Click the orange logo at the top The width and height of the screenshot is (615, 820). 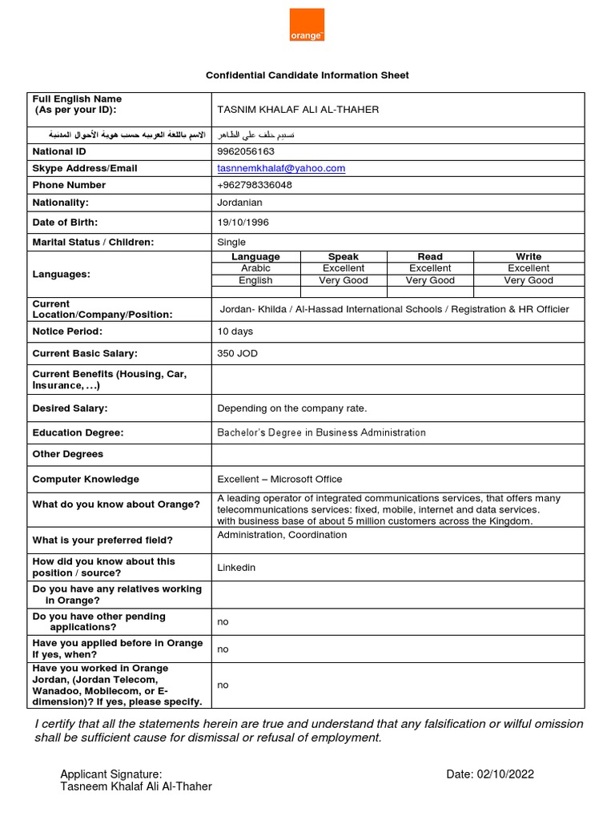pos(307,26)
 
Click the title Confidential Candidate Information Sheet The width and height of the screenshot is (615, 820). pos(307,75)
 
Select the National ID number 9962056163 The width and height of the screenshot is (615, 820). pos(246,151)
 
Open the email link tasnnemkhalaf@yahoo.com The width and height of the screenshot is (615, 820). pos(281,168)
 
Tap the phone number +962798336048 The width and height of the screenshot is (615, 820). pos(255,185)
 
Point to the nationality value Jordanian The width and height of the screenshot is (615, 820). pos(240,203)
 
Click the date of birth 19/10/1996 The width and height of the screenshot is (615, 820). pos(244,223)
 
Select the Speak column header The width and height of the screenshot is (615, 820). pos(344,257)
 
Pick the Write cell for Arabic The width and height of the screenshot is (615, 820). pos(529,268)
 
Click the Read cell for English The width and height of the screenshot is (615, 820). pos(430,280)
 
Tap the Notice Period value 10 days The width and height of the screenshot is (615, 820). pos(235,331)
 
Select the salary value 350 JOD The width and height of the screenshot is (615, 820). pos(238,353)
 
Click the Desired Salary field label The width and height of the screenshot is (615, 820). pos(70,408)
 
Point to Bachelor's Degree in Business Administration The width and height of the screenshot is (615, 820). pos(321,432)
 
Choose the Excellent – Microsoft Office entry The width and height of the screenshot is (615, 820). pos(279,479)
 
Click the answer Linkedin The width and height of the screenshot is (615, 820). pos(236,567)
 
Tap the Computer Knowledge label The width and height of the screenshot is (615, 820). pos(86,479)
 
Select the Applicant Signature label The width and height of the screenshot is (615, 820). pos(111,774)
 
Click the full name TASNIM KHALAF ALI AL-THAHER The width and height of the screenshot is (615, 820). pos(298,110)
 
